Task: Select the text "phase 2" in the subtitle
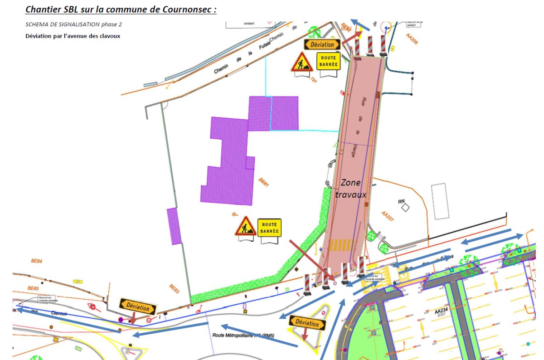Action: point(109,24)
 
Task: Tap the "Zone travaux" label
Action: point(350,188)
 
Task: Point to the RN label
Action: point(400,202)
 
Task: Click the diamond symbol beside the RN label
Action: point(405,208)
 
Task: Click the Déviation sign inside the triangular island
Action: point(307,323)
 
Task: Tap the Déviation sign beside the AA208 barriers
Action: point(322,44)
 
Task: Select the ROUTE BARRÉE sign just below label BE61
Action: point(269,227)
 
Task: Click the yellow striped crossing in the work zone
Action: point(343,245)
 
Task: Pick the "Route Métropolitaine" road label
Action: point(244,336)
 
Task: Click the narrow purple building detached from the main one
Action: point(174,226)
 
